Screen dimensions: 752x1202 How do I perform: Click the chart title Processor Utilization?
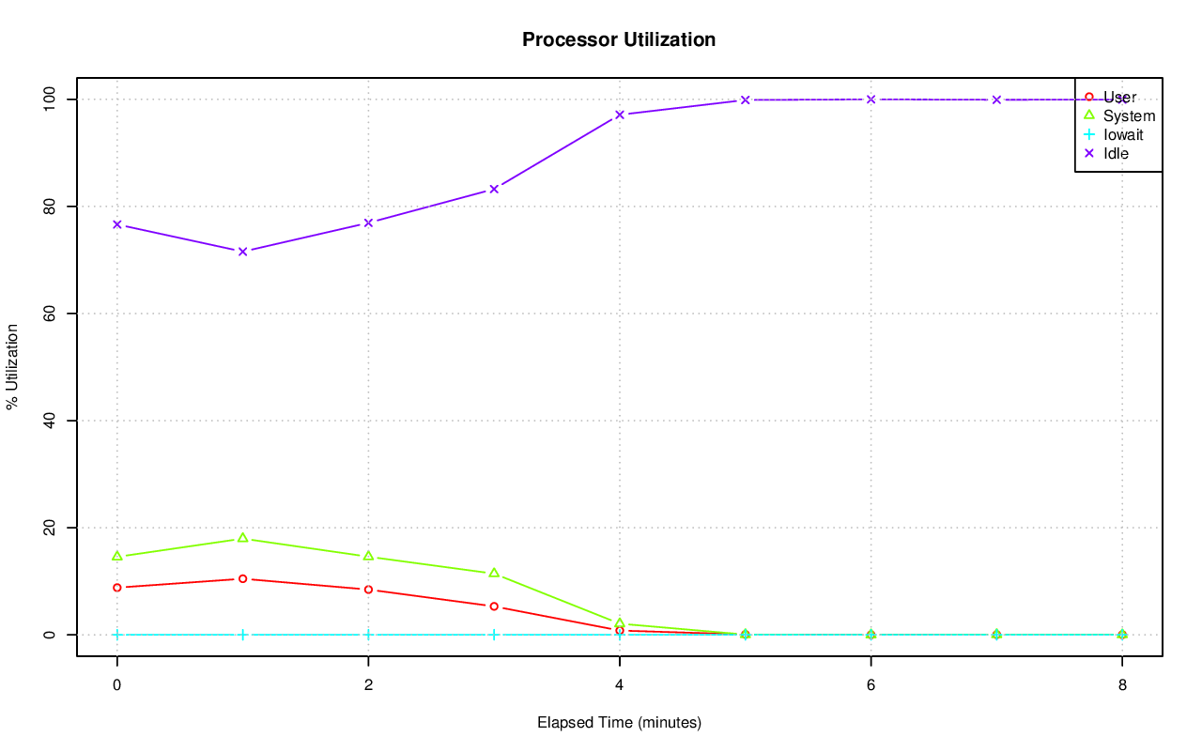pos(619,39)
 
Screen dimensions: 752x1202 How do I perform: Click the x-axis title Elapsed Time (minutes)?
pos(619,723)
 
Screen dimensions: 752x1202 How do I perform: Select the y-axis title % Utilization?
pos(12,366)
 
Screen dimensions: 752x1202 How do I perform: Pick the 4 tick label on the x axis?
pos(619,685)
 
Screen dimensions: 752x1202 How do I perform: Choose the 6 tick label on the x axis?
pos(871,685)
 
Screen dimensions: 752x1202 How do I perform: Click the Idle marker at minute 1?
pos(242,252)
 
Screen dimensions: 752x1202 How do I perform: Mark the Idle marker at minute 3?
pos(494,189)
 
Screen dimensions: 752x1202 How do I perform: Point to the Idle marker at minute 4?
pos(620,115)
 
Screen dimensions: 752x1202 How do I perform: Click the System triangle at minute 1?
pos(242,538)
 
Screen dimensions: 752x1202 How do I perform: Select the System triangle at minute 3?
pos(494,573)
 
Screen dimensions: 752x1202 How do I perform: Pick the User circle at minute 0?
pos(117,588)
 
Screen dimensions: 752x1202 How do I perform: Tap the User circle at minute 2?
pos(368,590)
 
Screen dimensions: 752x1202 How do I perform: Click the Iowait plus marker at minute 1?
pos(242,635)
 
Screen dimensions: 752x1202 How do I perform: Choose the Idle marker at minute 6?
pos(871,99)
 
